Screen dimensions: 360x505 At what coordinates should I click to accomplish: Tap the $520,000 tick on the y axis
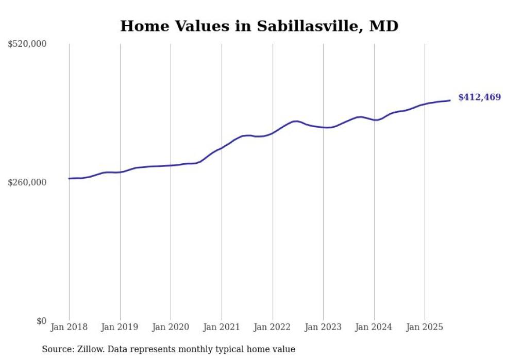coord(27,44)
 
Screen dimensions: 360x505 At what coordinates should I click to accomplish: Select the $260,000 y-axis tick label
coord(27,182)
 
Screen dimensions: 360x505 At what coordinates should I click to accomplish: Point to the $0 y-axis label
coord(41,321)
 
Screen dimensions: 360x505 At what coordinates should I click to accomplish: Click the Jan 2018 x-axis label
coord(69,327)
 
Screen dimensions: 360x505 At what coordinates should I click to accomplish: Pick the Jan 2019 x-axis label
coord(120,327)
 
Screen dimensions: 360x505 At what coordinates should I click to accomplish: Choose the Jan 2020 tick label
coord(171,327)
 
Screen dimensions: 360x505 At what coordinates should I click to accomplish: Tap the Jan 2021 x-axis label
coord(222,327)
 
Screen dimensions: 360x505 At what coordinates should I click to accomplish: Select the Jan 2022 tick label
coord(273,327)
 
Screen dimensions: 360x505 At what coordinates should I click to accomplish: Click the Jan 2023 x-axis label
coord(323,327)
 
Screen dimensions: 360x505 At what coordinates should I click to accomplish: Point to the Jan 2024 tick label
coord(374,327)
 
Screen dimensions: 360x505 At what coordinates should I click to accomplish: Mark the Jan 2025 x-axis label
coord(425,327)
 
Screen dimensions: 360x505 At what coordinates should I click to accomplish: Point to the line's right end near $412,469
coord(450,100)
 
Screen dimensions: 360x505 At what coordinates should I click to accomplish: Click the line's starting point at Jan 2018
coord(69,179)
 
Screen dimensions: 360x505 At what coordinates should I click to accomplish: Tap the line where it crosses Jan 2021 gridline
coord(222,148)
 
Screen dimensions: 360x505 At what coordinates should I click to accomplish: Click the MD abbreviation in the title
coord(384,26)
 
